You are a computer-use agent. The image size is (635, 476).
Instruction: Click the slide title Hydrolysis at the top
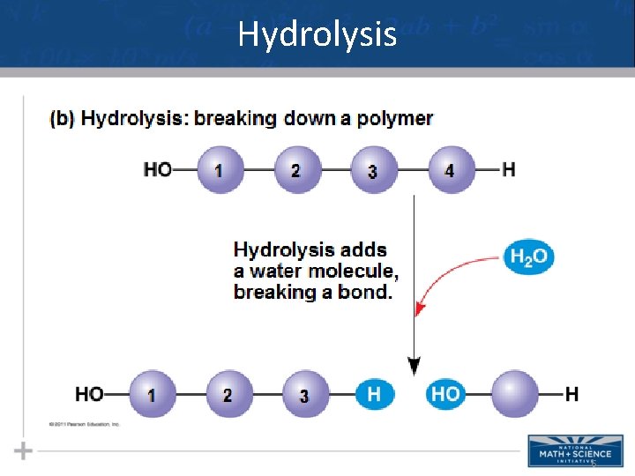[x=317, y=35]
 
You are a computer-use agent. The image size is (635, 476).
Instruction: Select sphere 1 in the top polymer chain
[x=218, y=169]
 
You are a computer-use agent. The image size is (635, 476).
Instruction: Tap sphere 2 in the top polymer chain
[x=295, y=169]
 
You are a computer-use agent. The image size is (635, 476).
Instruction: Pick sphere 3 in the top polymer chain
[x=372, y=169]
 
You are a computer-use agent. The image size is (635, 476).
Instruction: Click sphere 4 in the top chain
[x=449, y=169]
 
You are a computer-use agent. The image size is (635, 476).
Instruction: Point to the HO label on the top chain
[x=158, y=169]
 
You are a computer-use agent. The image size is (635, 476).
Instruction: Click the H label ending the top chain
[x=509, y=169]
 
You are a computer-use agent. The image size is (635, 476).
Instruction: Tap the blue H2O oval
[x=529, y=257]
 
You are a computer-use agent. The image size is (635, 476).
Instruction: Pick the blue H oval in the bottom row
[x=374, y=394]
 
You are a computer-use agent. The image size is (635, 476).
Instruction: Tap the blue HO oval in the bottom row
[x=445, y=394]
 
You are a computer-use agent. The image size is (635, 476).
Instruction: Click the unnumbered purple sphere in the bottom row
[x=514, y=394]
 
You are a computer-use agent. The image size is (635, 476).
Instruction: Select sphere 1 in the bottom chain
[x=152, y=394]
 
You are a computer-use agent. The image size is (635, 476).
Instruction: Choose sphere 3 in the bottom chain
[x=304, y=394]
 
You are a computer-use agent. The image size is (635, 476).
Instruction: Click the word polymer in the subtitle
[x=394, y=118]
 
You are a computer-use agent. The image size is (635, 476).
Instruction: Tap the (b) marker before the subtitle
[x=62, y=118]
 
